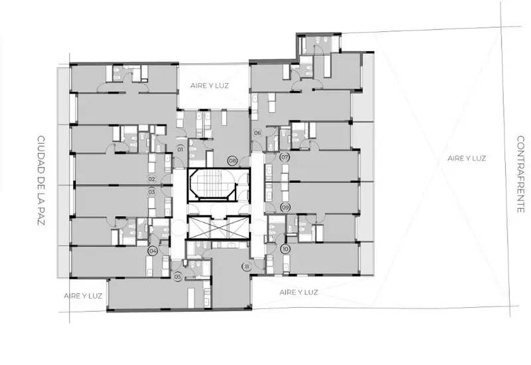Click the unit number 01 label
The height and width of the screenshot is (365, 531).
point(180,149)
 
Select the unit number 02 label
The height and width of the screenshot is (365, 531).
point(151,179)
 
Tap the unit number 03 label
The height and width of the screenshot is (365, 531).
point(151,192)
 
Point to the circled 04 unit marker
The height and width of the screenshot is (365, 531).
point(153,251)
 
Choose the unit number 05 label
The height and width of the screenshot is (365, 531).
point(178,277)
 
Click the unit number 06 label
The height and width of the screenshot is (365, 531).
point(258,132)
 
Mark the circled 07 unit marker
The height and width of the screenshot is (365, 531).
point(285,158)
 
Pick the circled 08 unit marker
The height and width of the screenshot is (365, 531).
point(233,161)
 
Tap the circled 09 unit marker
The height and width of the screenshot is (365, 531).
point(285,207)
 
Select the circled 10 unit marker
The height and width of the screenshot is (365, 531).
point(285,249)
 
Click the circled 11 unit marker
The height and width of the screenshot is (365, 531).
point(247,267)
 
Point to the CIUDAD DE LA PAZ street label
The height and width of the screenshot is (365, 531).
point(40,180)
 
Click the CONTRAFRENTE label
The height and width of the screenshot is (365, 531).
point(520,174)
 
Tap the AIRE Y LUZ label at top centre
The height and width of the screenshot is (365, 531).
point(209,86)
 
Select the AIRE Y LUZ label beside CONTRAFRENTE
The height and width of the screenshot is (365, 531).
point(467,158)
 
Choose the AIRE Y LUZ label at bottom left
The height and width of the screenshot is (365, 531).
point(83,296)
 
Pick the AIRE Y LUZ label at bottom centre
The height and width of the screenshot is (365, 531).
point(299,292)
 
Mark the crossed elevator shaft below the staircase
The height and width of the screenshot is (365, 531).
point(218,227)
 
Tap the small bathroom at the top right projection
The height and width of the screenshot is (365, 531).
point(319,44)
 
